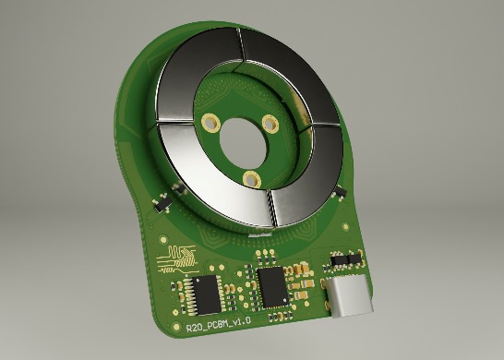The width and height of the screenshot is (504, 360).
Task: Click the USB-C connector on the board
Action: [x=350, y=297]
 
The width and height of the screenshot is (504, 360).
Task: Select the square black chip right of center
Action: [x=273, y=286]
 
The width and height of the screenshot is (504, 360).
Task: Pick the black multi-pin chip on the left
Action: [x=205, y=294]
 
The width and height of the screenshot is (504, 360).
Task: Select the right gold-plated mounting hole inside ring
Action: [x=270, y=123]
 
